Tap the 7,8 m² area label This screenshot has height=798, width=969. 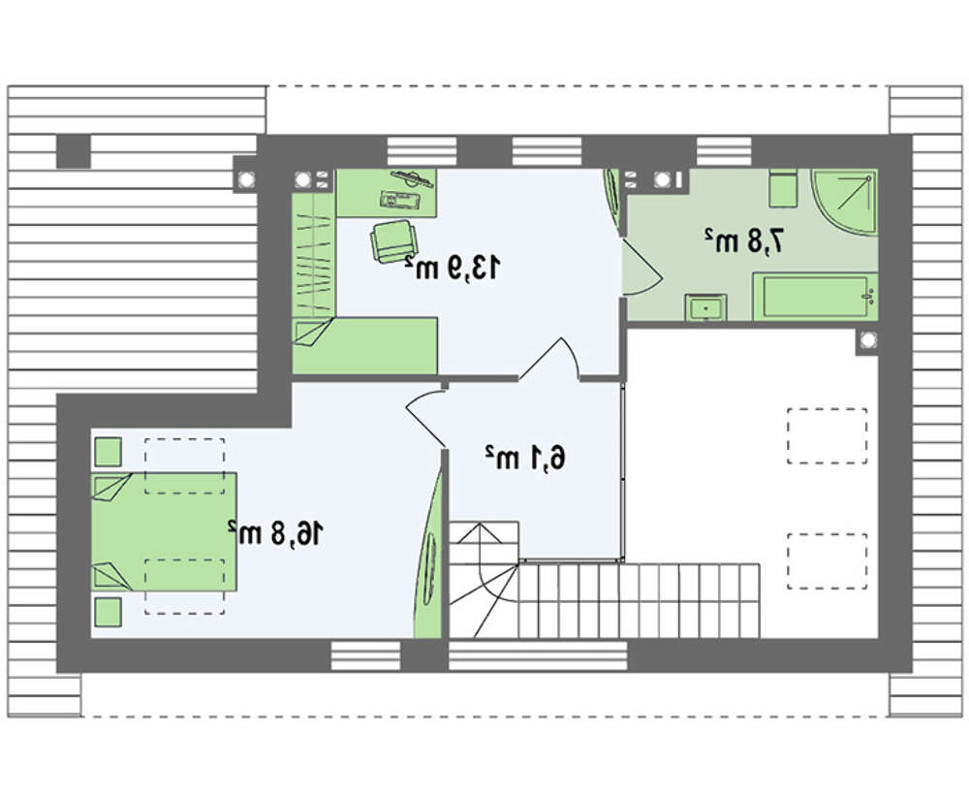pos(744,240)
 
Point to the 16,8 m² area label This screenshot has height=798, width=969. pos(275,533)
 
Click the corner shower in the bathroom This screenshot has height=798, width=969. pos(845,201)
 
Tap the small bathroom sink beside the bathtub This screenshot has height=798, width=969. pos(705,307)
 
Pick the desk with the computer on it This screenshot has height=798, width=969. pos(387,192)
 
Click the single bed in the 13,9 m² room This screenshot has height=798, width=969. pos(365,346)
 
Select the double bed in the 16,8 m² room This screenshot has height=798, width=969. pos(165,532)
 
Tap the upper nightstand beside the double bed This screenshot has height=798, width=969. pos(109,452)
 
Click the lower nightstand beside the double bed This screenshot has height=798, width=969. pos(109,612)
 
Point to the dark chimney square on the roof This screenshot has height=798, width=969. pos(75,151)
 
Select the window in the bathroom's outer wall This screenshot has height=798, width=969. pos(724,151)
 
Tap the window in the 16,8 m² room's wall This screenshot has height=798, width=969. pos(366,655)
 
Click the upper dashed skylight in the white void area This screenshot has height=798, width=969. pos(827,436)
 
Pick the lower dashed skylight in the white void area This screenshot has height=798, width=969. pos(827,561)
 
